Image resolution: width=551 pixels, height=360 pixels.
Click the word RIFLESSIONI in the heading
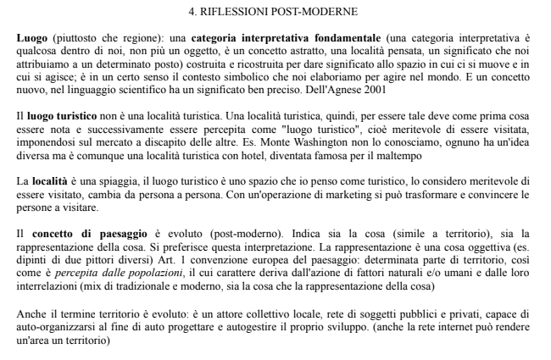pyautogui.click(x=241, y=12)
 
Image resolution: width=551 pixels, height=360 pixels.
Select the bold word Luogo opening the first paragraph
pyautogui.click(x=32, y=39)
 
